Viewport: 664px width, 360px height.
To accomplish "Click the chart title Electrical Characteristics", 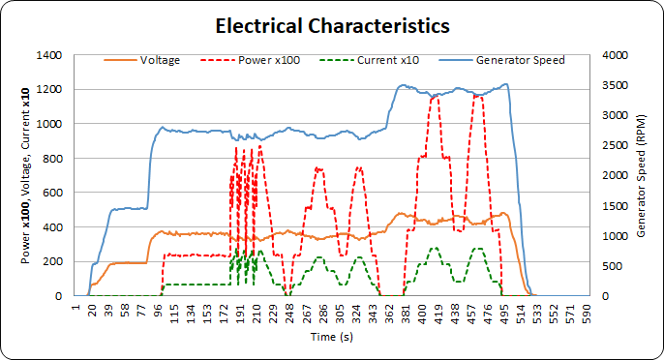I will (332, 24).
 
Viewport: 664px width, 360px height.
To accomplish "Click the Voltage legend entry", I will (159, 60).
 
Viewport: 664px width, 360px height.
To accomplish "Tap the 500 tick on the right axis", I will (611, 266).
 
